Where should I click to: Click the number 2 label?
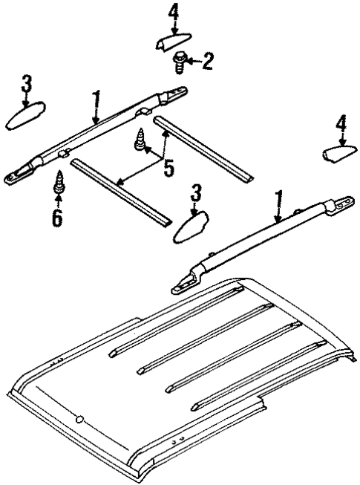(x=207, y=61)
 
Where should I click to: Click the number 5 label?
(x=168, y=168)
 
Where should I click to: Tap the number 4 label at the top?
(x=174, y=13)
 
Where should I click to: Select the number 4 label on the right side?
(x=341, y=124)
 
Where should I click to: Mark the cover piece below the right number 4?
(x=339, y=153)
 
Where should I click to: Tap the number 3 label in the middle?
(x=196, y=193)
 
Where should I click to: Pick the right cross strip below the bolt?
(x=205, y=149)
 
